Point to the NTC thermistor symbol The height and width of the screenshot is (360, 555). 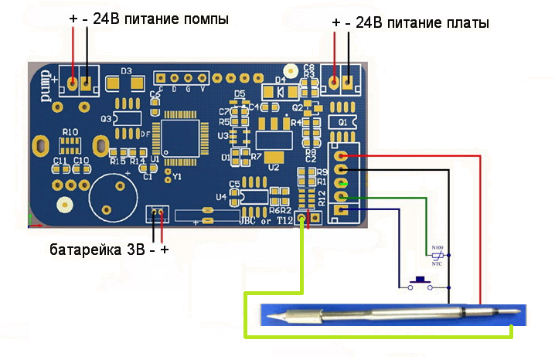438,255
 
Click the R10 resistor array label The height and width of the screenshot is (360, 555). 70,133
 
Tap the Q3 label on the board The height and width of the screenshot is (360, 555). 107,118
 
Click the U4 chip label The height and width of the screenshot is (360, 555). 222,197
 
